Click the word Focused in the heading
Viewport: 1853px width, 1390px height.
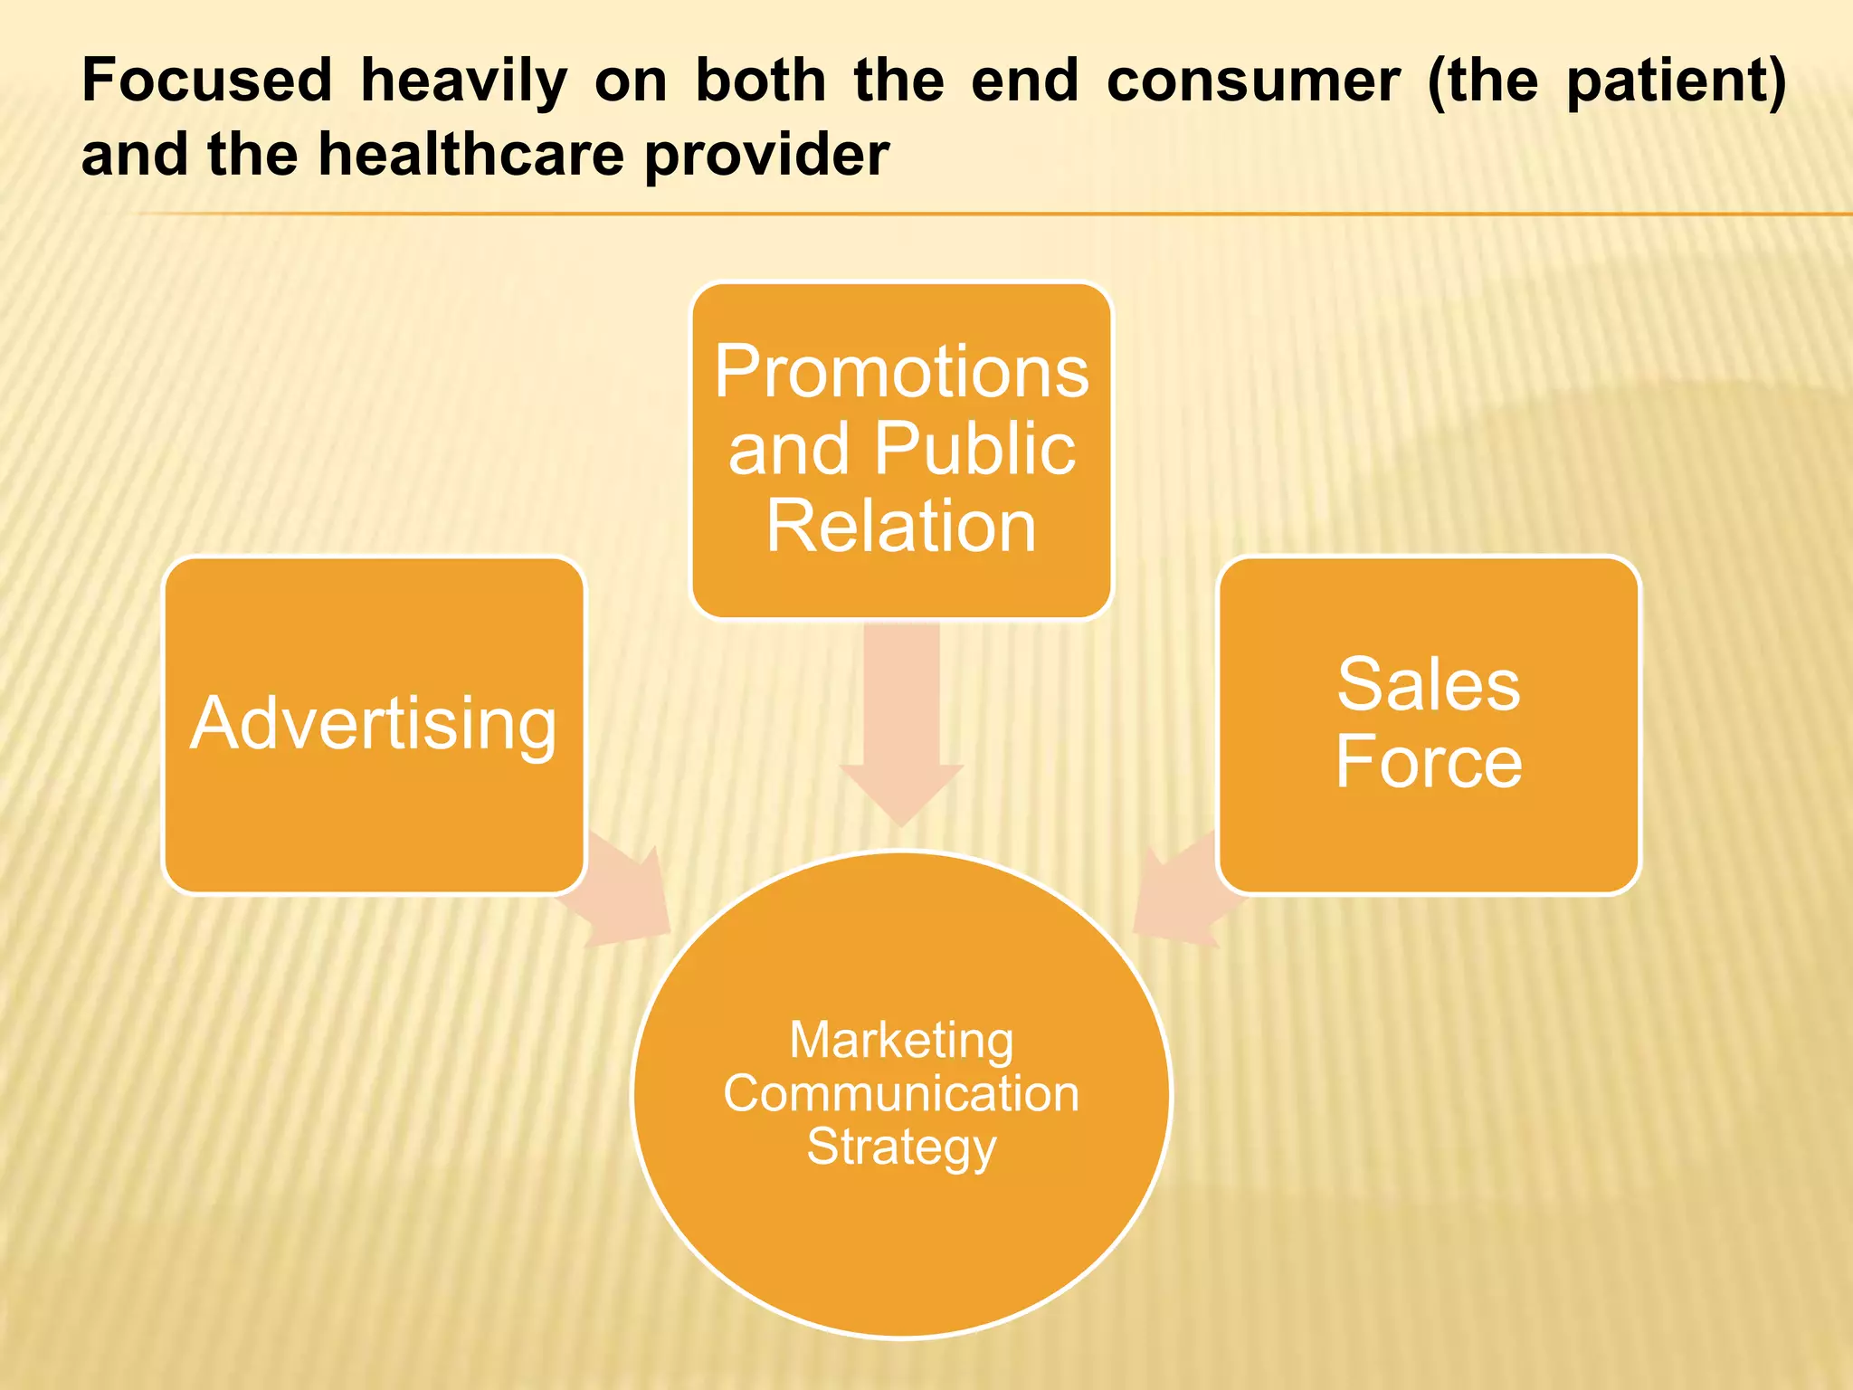206,81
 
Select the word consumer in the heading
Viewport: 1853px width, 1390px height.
1253,81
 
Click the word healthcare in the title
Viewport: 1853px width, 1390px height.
471,155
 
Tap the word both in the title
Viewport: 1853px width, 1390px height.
760,81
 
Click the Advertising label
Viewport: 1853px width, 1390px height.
373,725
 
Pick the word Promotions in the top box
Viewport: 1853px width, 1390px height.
901,372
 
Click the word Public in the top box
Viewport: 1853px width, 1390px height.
974,449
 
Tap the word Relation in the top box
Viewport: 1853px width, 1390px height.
901,526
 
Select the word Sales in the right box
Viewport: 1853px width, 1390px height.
1429,685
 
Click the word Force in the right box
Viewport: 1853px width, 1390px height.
1429,762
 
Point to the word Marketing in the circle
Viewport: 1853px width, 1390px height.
901,1040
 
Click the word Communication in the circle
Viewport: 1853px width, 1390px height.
901,1093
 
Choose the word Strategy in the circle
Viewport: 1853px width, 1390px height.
901,1147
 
